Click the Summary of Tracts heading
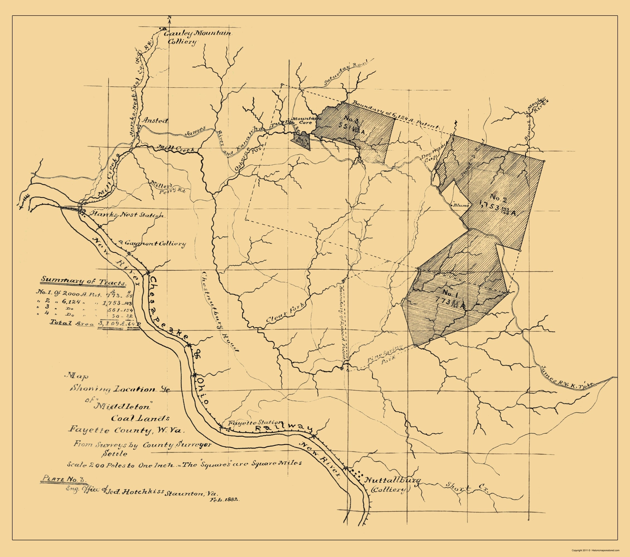click(x=84, y=281)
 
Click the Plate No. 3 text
click(x=64, y=480)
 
